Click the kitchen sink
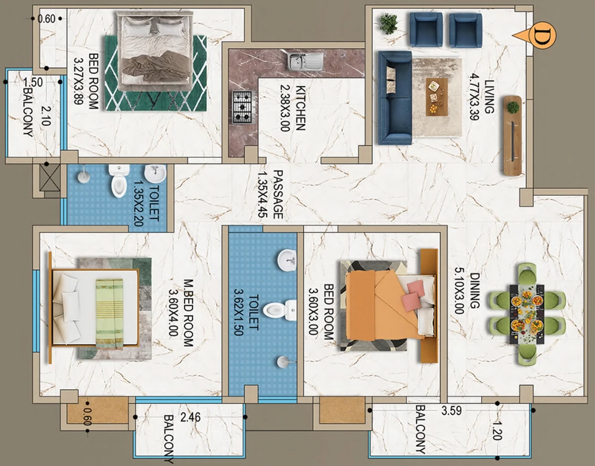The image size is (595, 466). tap(306, 62)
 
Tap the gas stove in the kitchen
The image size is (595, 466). tap(242, 107)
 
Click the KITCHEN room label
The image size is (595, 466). tap(300, 108)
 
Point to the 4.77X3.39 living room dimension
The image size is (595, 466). tap(473, 97)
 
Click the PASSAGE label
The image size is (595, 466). tap(278, 194)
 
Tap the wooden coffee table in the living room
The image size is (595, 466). tap(437, 97)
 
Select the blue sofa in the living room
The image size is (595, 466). tap(395, 98)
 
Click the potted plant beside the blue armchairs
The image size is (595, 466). tap(388, 23)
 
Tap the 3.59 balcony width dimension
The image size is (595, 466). tap(451, 411)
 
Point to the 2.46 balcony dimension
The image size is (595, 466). tap(190, 417)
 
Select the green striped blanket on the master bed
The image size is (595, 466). tap(109, 314)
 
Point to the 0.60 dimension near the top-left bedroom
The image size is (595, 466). tap(46, 19)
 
